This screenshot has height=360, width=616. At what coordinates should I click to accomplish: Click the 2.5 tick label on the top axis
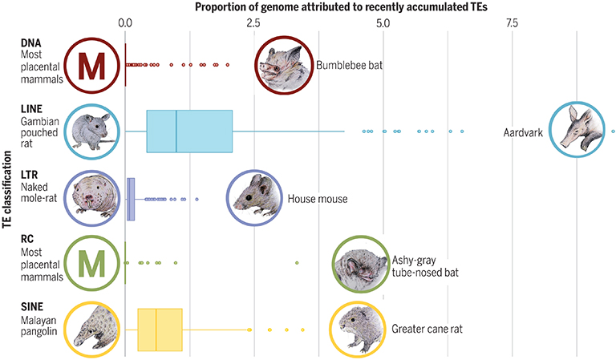click(x=253, y=23)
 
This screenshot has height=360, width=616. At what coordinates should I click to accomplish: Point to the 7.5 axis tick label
click(x=512, y=23)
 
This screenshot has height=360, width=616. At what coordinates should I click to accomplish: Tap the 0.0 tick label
click(x=125, y=23)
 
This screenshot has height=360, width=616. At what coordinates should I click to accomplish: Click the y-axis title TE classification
click(x=6, y=189)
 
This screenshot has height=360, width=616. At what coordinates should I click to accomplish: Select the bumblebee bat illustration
click(x=284, y=65)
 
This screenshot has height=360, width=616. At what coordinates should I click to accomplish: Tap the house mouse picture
click(x=254, y=197)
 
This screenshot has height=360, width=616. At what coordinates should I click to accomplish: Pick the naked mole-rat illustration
click(x=92, y=198)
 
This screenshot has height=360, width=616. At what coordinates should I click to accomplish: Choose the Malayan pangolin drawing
click(x=92, y=330)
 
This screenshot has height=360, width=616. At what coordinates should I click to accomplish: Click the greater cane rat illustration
click(x=358, y=329)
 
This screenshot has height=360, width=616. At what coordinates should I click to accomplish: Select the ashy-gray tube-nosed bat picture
click(x=361, y=265)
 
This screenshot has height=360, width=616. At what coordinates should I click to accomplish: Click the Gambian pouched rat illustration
click(x=92, y=132)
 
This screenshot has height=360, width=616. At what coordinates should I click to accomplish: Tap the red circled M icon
click(x=92, y=66)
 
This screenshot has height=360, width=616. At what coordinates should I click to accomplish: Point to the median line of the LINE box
click(x=176, y=131)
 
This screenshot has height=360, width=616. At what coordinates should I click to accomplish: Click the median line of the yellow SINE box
click(x=156, y=330)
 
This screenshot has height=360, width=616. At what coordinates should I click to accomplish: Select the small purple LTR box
click(x=131, y=199)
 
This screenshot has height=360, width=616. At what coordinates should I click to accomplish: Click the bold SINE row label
click(x=32, y=306)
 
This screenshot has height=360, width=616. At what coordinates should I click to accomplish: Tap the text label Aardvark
click(x=523, y=132)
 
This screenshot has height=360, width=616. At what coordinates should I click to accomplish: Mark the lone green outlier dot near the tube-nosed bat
click(x=297, y=263)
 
